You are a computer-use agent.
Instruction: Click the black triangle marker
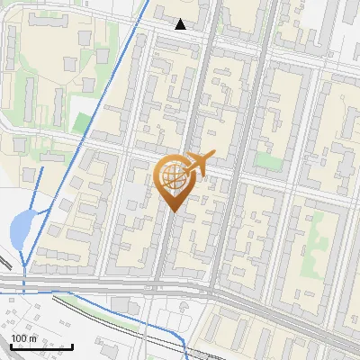tap(181, 24)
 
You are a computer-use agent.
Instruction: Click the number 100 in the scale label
tap(20, 338)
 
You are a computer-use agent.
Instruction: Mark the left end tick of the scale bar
tap(11, 346)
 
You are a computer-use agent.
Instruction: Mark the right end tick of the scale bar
tap(72, 346)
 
